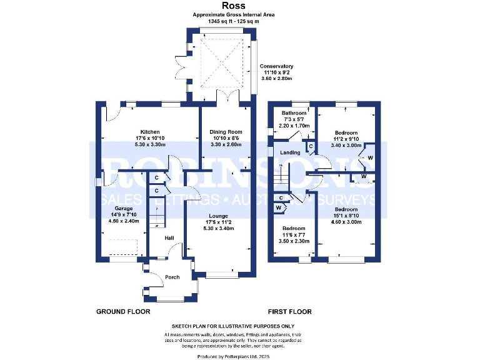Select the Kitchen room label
coord(150,132)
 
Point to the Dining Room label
coord(226,132)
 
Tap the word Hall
coord(169,238)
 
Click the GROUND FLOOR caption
coord(121,311)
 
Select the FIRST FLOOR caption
coord(289,311)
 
